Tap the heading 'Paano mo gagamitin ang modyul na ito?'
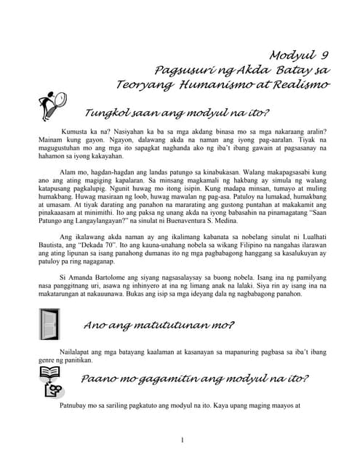pos(194,379)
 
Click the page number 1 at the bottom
pos(182,440)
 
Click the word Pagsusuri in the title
pos(185,70)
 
